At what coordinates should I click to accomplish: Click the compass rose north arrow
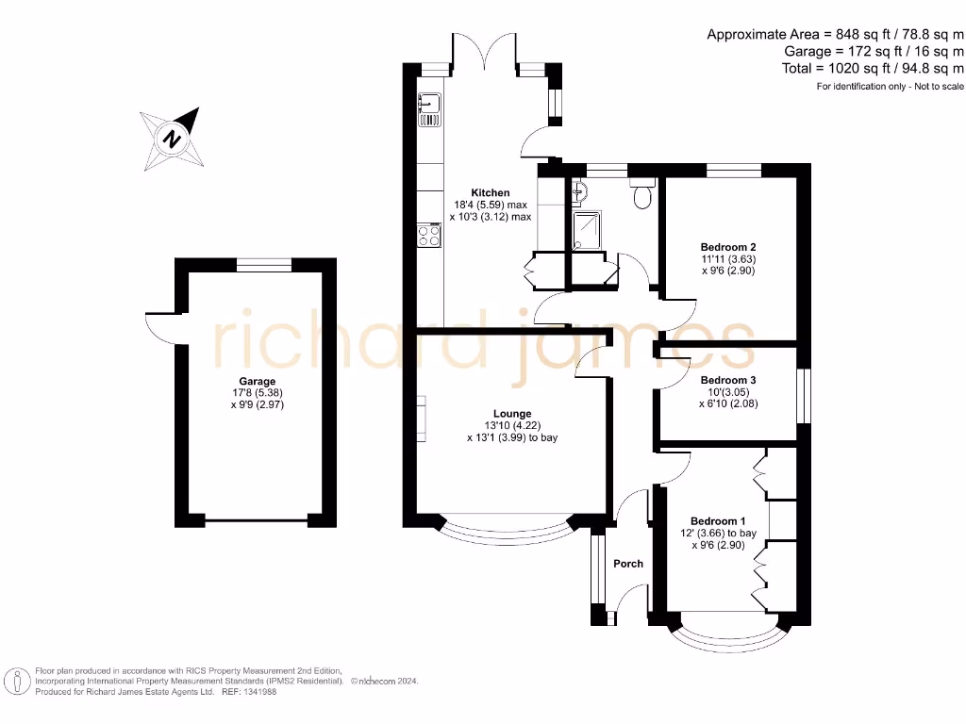[173, 139]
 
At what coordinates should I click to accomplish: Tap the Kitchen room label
[491, 193]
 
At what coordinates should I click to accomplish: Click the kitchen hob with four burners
[429, 235]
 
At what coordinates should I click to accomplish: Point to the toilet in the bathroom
[643, 195]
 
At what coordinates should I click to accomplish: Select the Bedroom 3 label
[729, 381]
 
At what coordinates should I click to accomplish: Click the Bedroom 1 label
[718, 521]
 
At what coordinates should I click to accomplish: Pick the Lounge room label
[512, 414]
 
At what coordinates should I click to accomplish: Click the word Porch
[628, 564]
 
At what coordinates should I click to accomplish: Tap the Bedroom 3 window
[803, 396]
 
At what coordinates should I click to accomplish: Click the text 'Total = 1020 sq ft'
[874, 68]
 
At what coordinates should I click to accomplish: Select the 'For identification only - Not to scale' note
[890, 87]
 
